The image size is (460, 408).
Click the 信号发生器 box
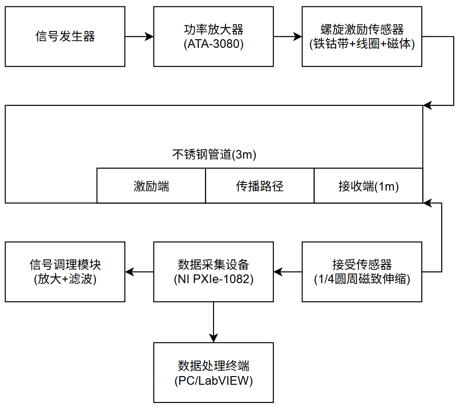click(65, 36)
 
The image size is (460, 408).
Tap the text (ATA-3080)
click(214, 45)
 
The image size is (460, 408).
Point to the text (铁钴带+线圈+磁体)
click(362, 45)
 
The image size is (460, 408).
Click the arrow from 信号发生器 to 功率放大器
click(139, 36)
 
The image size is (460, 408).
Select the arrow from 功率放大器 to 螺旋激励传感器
click(288, 36)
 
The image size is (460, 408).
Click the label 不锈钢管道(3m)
click(214, 155)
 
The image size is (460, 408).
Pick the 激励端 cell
click(151, 186)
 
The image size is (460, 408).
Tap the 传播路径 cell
click(260, 186)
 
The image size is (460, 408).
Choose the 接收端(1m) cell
click(368, 186)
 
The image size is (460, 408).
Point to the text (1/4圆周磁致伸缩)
click(362, 279)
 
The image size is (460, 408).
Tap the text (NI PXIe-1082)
click(214, 279)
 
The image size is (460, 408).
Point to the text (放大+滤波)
click(65, 279)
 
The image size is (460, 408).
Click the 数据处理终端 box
click(214, 372)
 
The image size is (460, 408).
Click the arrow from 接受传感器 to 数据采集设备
click(288, 272)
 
